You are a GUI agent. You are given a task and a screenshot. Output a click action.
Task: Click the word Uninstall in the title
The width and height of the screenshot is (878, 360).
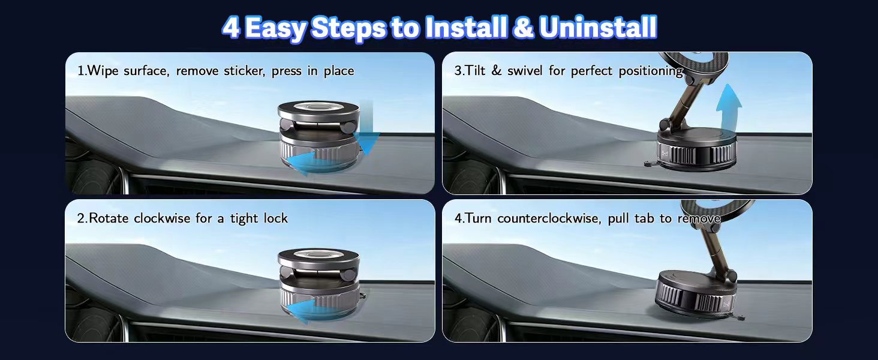pyautogui.click(x=598, y=28)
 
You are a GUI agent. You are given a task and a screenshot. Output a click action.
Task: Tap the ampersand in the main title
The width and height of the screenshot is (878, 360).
pyautogui.click(x=523, y=28)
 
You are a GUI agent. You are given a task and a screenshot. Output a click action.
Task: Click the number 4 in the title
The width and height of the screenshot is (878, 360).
pyautogui.click(x=231, y=28)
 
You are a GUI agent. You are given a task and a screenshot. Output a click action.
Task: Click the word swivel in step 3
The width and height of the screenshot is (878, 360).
pyautogui.click(x=525, y=71)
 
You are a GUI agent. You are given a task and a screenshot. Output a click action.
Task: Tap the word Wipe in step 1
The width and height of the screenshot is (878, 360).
pyautogui.click(x=102, y=71)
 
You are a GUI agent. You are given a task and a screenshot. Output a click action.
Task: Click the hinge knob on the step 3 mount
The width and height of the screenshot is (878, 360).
pyautogui.click(x=664, y=125)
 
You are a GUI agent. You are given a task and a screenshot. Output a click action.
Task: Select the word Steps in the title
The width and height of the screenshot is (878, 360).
pyautogui.click(x=349, y=28)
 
